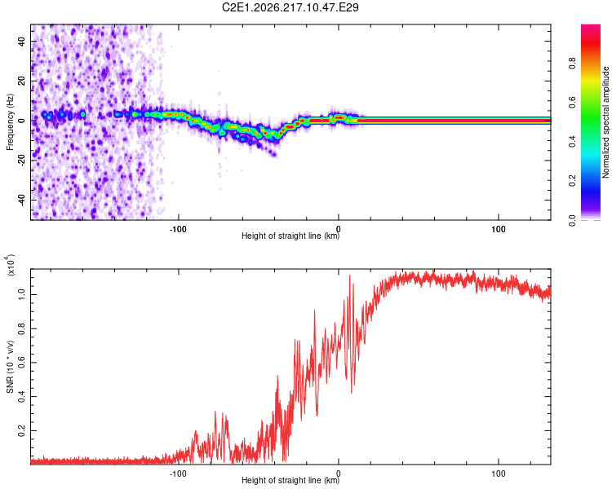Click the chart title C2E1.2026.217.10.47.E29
click(x=290, y=7)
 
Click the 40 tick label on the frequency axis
click(x=21, y=42)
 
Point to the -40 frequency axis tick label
click(x=21, y=200)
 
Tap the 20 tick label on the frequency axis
click(x=21, y=81)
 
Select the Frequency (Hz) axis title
click(x=10, y=121)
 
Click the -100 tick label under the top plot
click(x=178, y=229)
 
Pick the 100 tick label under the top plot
click(x=499, y=229)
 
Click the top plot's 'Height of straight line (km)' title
click(x=290, y=236)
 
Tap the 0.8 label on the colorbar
click(x=573, y=64)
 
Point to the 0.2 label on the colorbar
click(x=573, y=181)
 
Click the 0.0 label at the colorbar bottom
click(x=573, y=220)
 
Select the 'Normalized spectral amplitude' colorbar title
click(x=605, y=122)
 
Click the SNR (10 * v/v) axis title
click(x=10, y=367)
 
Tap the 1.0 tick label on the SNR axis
click(x=21, y=294)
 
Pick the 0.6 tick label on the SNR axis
click(x=21, y=363)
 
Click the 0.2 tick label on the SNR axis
click(x=21, y=431)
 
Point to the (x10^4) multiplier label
click(x=11, y=265)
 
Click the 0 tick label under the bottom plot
click(x=339, y=474)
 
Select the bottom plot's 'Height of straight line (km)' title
click(x=290, y=480)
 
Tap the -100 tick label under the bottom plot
click(x=178, y=474)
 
